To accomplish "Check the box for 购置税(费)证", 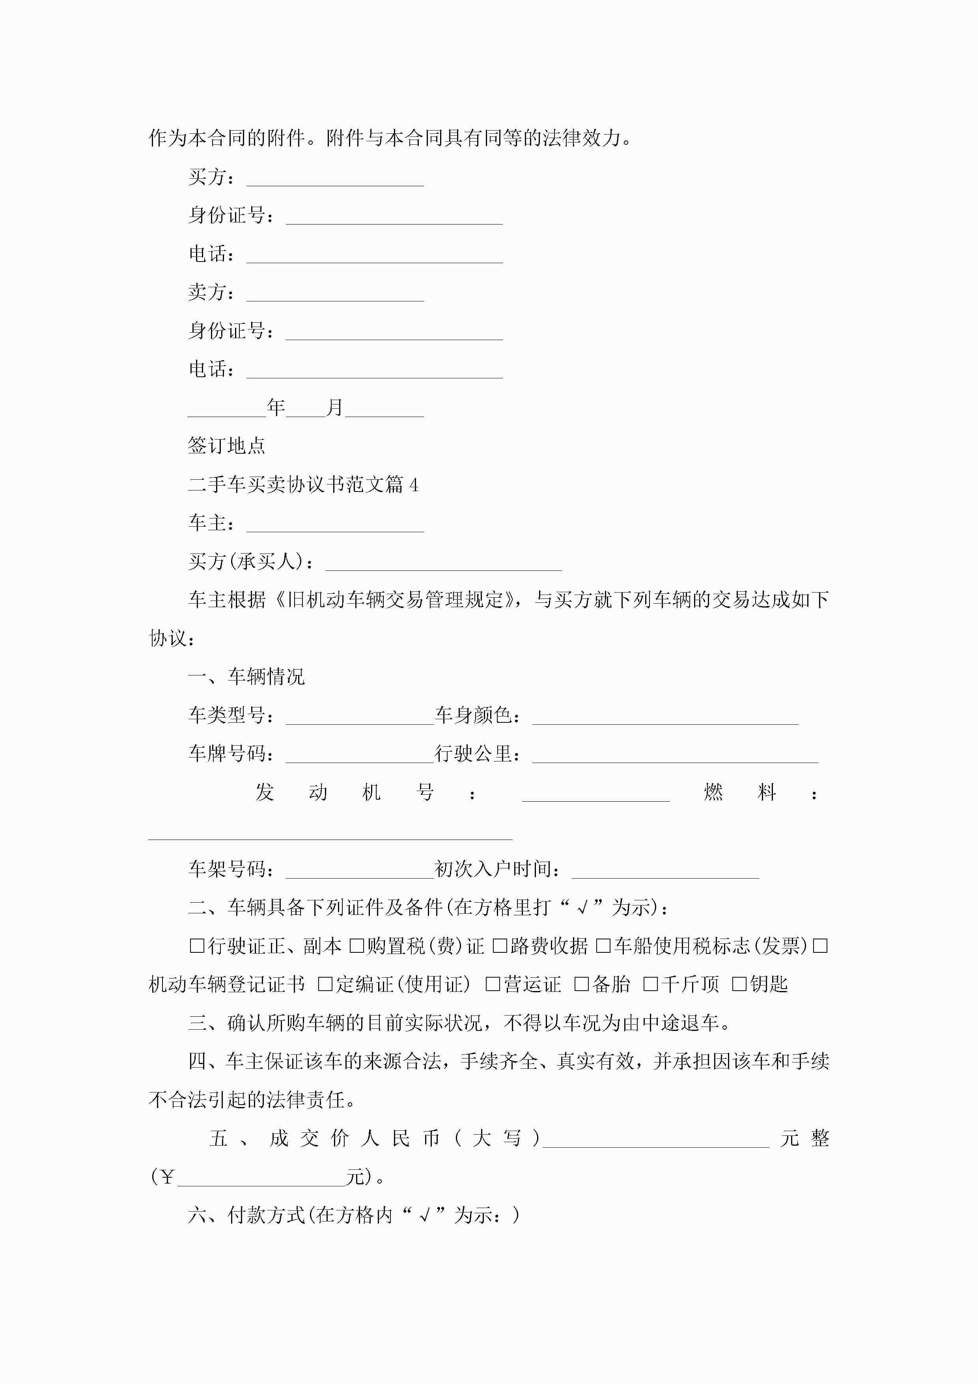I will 357,946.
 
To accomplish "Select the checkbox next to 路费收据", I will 500,946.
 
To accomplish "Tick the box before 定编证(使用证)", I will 325,984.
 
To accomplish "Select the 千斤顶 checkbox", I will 650,984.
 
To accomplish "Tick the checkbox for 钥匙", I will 739,984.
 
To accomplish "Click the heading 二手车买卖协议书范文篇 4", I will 303,484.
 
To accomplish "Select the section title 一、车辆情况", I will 246,677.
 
